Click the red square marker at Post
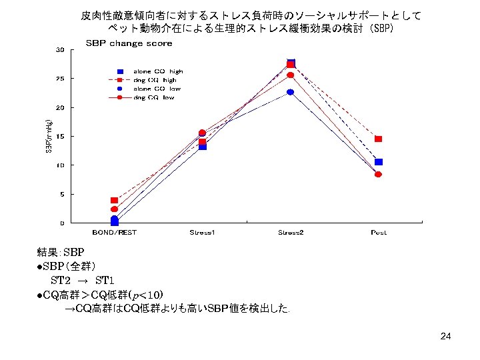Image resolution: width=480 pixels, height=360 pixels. pos(378,139)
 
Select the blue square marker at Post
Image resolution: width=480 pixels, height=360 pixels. pos(378,162)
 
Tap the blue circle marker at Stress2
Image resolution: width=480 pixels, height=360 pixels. pos(291,92)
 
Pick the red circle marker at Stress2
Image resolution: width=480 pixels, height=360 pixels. pos(291,75)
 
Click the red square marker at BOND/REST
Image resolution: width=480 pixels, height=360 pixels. pos(114,200)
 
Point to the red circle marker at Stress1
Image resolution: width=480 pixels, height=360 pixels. pos(203,133)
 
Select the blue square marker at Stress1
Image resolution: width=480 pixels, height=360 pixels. pos(203,147)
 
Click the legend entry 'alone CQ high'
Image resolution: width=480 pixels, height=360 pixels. pos(157,71)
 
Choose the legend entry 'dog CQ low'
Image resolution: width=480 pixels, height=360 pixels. pos(153,97)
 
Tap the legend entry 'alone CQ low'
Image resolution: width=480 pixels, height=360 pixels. pos(157,89)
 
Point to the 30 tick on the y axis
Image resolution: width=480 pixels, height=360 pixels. pos(60,50)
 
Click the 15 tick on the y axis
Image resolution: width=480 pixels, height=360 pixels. pos(60,137)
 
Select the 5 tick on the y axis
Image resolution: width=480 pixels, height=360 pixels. pos(62,195)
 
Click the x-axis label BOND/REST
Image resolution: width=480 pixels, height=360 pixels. pos(114,233)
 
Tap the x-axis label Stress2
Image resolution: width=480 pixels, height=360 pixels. pos(291,233)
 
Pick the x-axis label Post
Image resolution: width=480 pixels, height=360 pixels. pos(378,233)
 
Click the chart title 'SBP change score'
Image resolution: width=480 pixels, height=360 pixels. pos(129,43)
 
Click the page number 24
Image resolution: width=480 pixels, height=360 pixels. pos(445,336)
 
